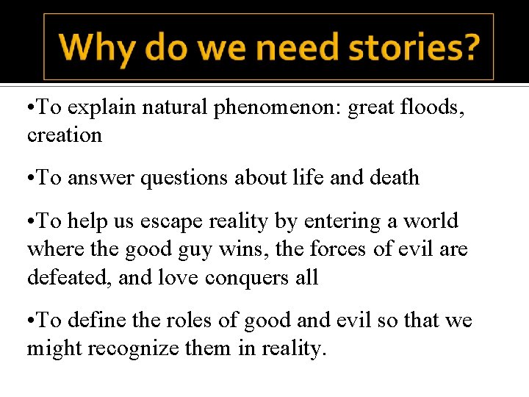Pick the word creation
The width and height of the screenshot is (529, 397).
point(64,135)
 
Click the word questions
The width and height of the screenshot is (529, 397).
point(172,178)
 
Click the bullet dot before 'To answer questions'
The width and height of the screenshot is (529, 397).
point(31,178)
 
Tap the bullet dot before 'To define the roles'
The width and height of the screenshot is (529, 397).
point(31,321)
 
